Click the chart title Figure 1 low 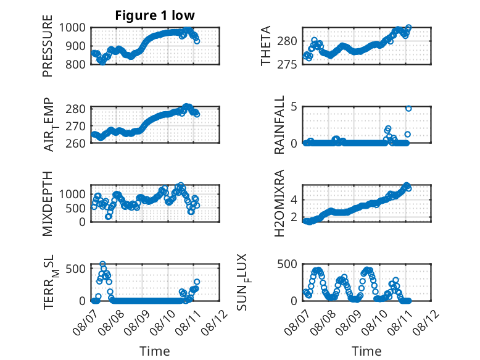pyautogui.click(x=155, y=15)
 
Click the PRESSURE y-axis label pyautogui.click(x=48, y=46)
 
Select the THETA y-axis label pyautogui.click(x=266, y=46)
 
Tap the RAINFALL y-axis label pyautogui.click(x=279, y=125)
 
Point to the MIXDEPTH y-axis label pyautogui.click(x=48, y=204)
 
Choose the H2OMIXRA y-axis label pyautogui.click(x=279, y=203)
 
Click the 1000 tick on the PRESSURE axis pyautogui.click(x=72, y=28)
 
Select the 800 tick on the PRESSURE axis pyautogui.click(x=76, y=64)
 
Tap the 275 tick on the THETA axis pyautogui.click(x=287, y=65)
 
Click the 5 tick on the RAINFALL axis pyautogui.click(x=294, y=107)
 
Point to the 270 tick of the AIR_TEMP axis pyautogui.click(x=76, y=126)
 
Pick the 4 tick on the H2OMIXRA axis pyautogui.click(x=294, y=200)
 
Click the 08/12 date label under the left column pyautogui.click(x=215, y=322)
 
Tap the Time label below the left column pyautogui.click(x=155, y=351)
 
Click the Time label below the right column pyautogui.click(x=366, y=351)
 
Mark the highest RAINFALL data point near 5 pyautogui.click(x=408, y=109)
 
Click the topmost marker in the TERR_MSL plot pyautogui.click(x=103, y=264)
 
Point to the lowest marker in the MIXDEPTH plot pyautogui.click(x=108, y=217)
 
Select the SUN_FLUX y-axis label pyautogui.click(x=242, y=282)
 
